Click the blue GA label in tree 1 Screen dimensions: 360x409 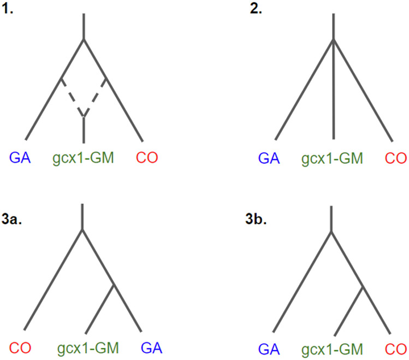coord(20,158)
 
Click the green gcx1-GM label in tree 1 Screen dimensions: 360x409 coord(84,158)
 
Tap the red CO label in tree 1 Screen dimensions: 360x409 coord(146,158)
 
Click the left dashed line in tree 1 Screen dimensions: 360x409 coord(72,97)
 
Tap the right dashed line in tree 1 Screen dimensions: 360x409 coord(96,97)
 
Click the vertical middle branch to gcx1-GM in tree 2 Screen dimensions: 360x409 coord(333,93)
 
